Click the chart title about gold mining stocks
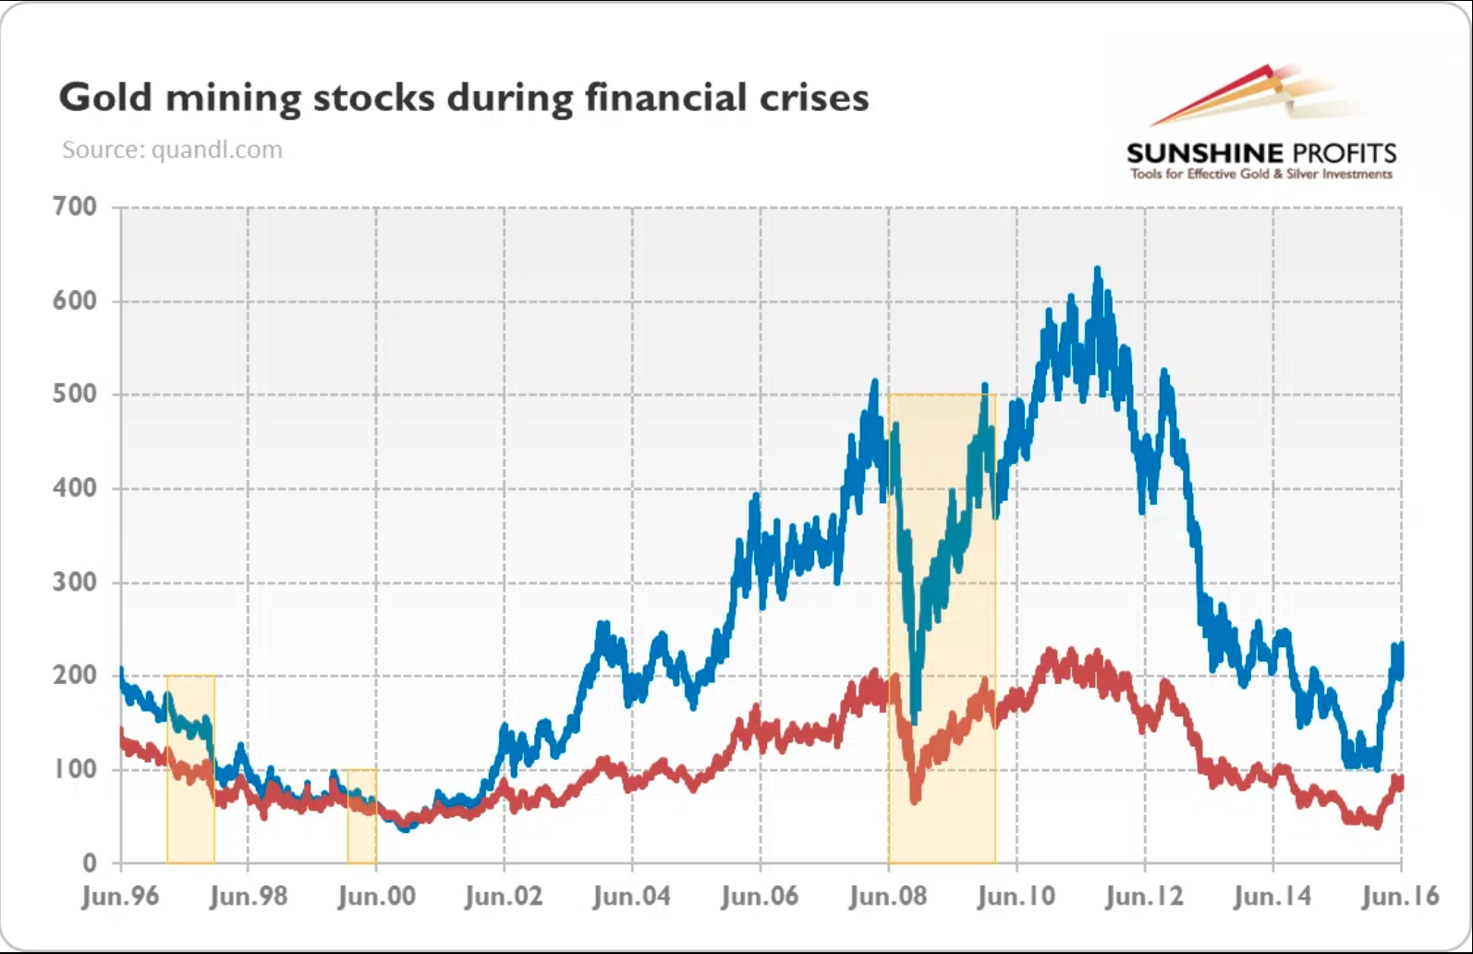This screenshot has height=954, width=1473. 463,98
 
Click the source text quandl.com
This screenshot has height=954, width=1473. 172,150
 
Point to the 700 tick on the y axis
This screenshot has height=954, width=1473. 75,206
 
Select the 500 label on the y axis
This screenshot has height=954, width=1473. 75,394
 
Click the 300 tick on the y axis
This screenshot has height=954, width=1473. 75,582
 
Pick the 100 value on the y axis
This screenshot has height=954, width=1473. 75,769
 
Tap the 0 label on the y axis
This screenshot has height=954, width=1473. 89,862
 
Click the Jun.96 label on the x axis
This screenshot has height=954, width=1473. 120,896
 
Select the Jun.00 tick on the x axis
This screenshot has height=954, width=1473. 376,896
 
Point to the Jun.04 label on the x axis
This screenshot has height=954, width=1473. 632,896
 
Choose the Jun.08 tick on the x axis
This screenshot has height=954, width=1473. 888,896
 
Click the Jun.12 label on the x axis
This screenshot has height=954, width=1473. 1144,896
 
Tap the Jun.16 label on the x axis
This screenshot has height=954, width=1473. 1401,896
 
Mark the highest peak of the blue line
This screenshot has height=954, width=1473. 1097,270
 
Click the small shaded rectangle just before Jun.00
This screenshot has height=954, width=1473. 361,815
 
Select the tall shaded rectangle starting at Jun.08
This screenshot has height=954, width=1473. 942,629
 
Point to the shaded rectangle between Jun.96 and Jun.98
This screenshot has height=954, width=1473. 190,769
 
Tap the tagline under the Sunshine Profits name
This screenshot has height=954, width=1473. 1260,174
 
